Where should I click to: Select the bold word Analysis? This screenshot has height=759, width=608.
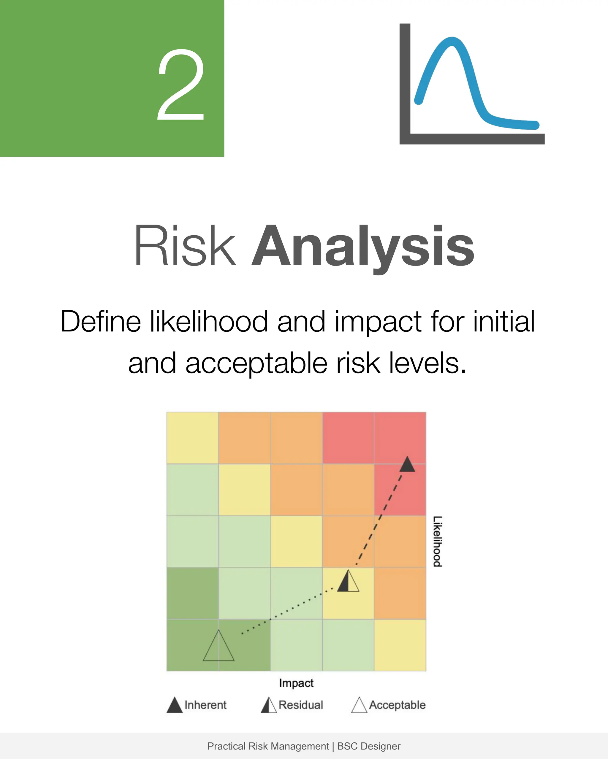[363, 247]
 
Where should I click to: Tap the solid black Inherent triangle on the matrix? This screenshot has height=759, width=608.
[407, 465]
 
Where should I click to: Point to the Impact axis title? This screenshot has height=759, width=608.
[296, 683]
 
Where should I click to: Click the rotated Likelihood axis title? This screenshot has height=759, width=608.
[437, 542]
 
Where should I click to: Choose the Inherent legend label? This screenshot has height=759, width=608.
[205, 705]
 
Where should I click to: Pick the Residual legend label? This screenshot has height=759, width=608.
[300, 705]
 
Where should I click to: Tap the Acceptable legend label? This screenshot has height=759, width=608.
[397, 705]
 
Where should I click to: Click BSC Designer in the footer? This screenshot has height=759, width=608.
[368, 746]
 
